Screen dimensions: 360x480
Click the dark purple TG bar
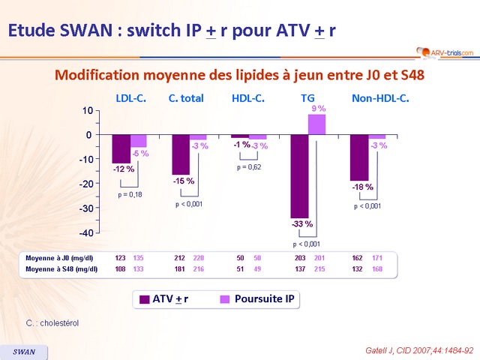(299, 176)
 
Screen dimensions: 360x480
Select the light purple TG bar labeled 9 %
(316, 124)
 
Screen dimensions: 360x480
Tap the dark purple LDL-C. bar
(121, 148)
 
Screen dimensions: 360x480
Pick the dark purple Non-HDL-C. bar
(359, 157)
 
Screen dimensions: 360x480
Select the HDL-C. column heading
(247, 98)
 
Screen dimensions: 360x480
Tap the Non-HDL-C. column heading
(380, 98)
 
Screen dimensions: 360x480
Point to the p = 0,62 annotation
(248, 166)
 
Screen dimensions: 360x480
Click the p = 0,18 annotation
(130, 195)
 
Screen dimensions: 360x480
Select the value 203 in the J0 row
(301, 257)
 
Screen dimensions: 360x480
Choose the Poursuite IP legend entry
(258, 298)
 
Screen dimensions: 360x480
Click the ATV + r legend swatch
(144, 299)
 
